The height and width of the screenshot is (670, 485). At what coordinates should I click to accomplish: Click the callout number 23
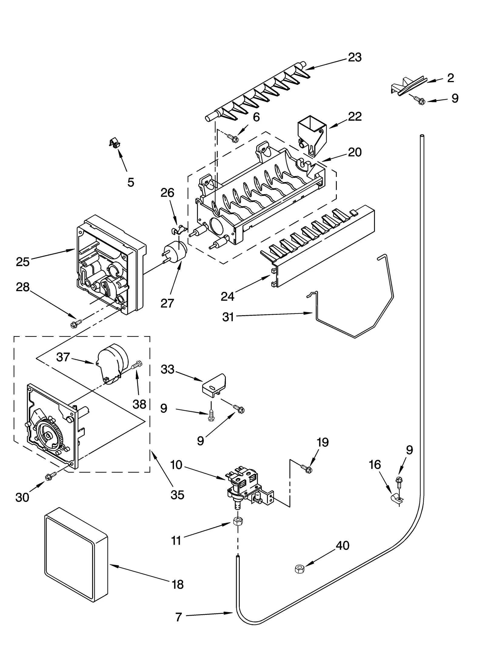[354, 57]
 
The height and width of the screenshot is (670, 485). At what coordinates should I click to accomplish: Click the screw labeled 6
[233, 138]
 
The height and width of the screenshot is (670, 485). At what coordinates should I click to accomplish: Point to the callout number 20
[354, 152]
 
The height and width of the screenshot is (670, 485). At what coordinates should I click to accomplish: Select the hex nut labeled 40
[299, 569]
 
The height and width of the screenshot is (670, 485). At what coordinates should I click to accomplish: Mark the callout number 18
[178, 584]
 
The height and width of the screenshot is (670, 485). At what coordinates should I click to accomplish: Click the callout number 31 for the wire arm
[228, 317]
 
